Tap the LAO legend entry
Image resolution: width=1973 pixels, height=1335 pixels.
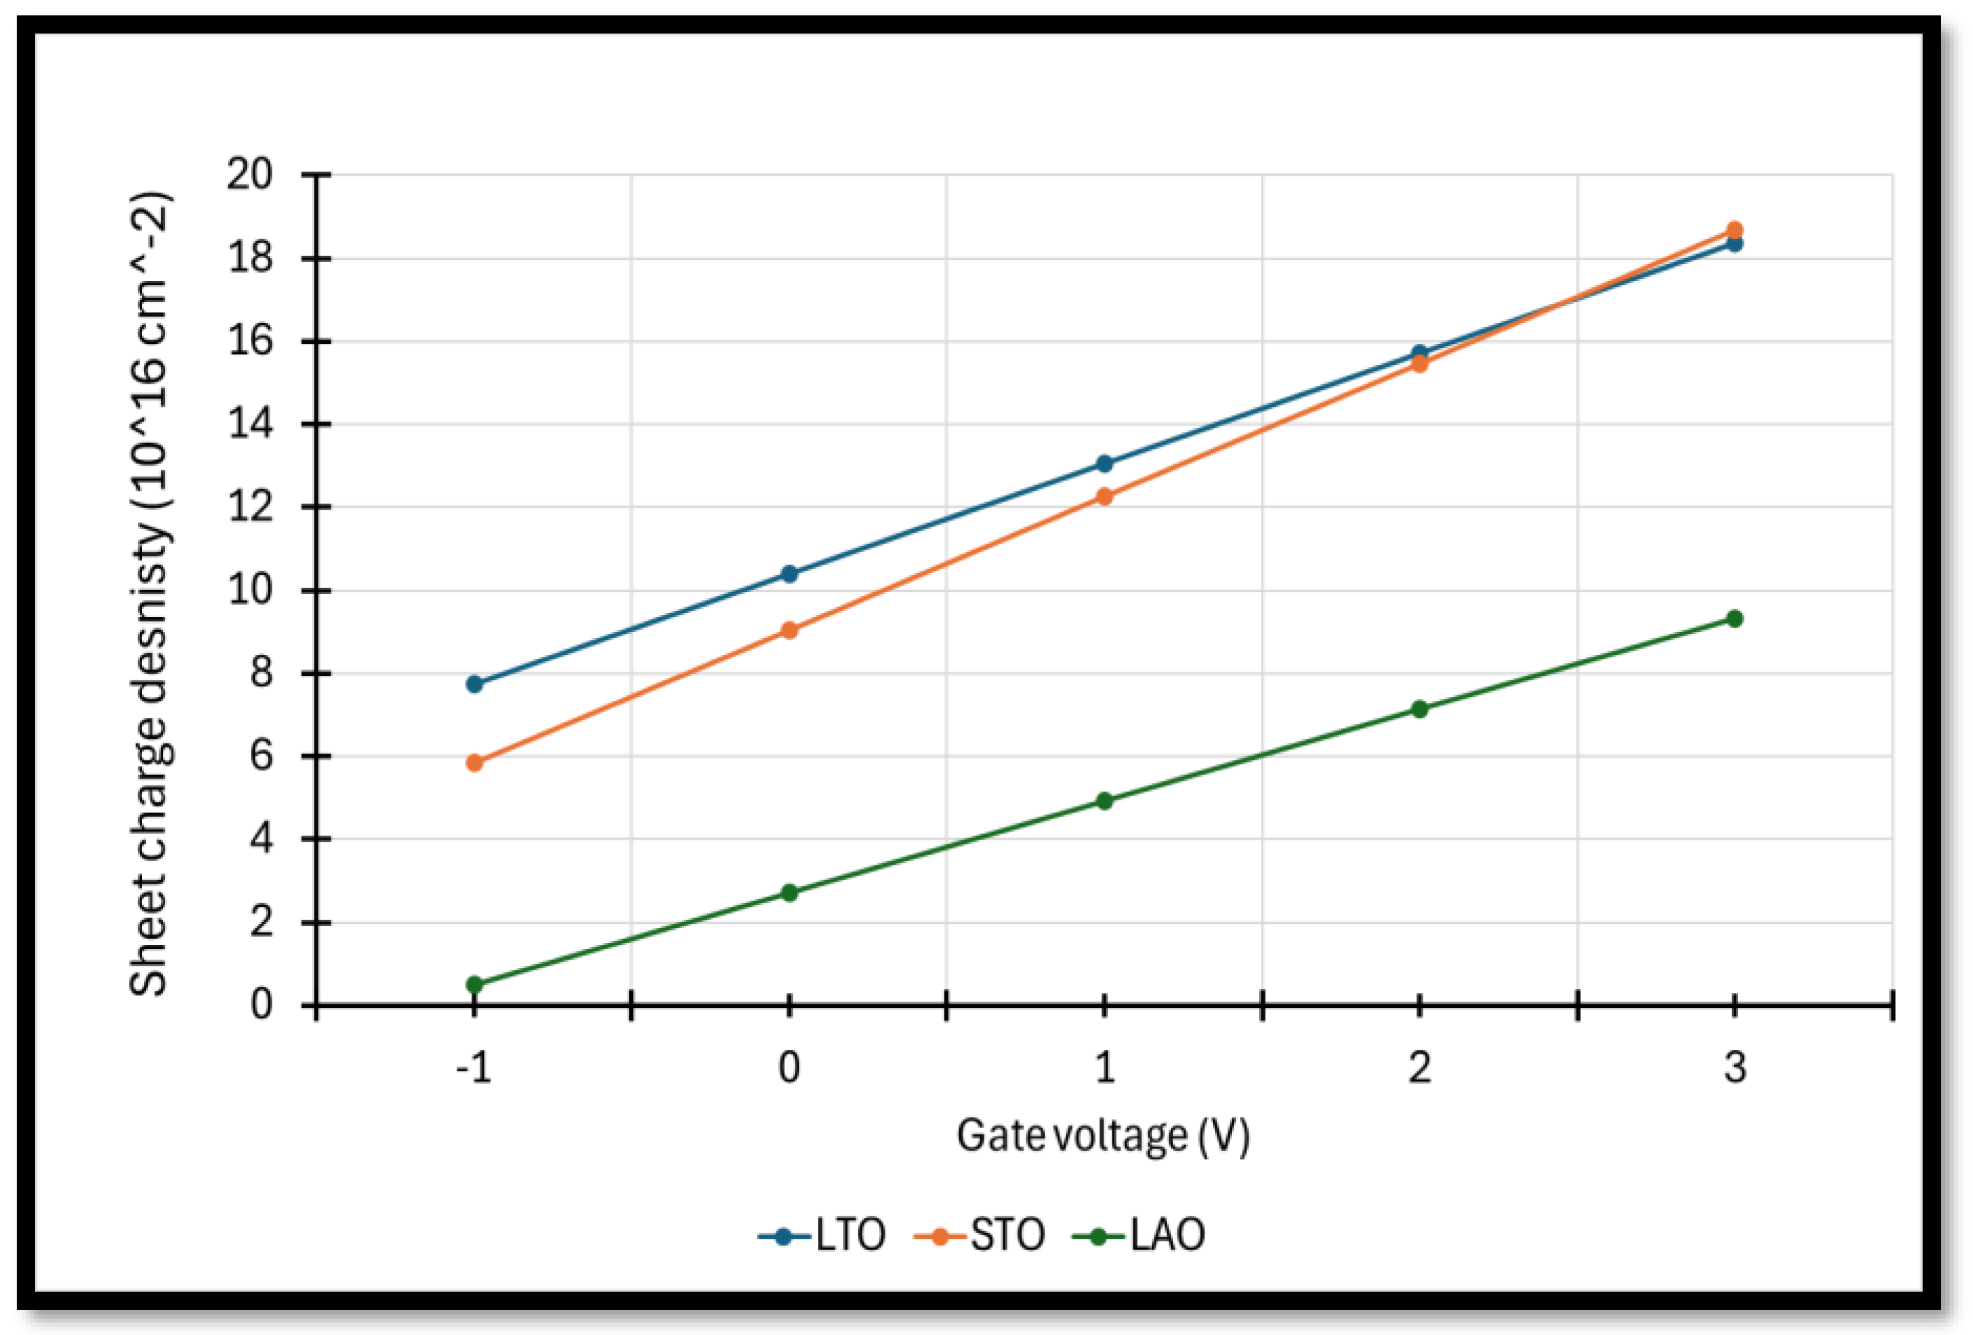pyautogui.click(x=1140, y=1236)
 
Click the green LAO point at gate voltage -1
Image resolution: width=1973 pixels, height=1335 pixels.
pyautogui.click(x=475, y=985)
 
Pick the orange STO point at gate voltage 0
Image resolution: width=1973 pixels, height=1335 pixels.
pyautogui.click(x=789, y=630)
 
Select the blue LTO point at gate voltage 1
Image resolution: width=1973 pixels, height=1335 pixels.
pyautogui.click(x=1105, y=463)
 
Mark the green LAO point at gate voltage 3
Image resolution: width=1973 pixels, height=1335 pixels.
pyautogui.click(x=1735, y=619)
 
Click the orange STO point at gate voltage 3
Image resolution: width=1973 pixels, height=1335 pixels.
pyautogui.click(x=1735, y=230)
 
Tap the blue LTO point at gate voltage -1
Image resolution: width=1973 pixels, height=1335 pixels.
pyautogui.click(x=475, y=684)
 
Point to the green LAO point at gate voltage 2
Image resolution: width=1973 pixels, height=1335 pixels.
pyautogui.click(x=1419, y=709)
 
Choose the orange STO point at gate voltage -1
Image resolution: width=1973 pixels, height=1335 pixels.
pyautogui.click(x=475, y=763)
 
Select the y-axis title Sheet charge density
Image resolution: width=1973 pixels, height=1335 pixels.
pyautogui.click(x=150, y=594)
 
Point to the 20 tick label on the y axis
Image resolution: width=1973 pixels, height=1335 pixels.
pyautogui.click(x=250, y=175)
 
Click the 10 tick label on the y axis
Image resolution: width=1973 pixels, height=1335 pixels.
pyautogui.click(x=250, y=590)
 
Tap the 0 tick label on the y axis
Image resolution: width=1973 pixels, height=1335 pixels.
pyautogui.click(x=261, y=1006)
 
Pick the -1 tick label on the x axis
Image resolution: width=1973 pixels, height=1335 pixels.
pyautogui.click(x=474, y=1068)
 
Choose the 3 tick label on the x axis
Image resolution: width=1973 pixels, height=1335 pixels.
pyautogui.click(x=1735, y=1068)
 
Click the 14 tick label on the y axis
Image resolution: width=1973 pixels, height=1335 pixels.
pyautogui.click(x=250, y=424)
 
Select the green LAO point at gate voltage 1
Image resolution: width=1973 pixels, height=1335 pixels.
pyautogui.click(x=1105, y=800)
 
